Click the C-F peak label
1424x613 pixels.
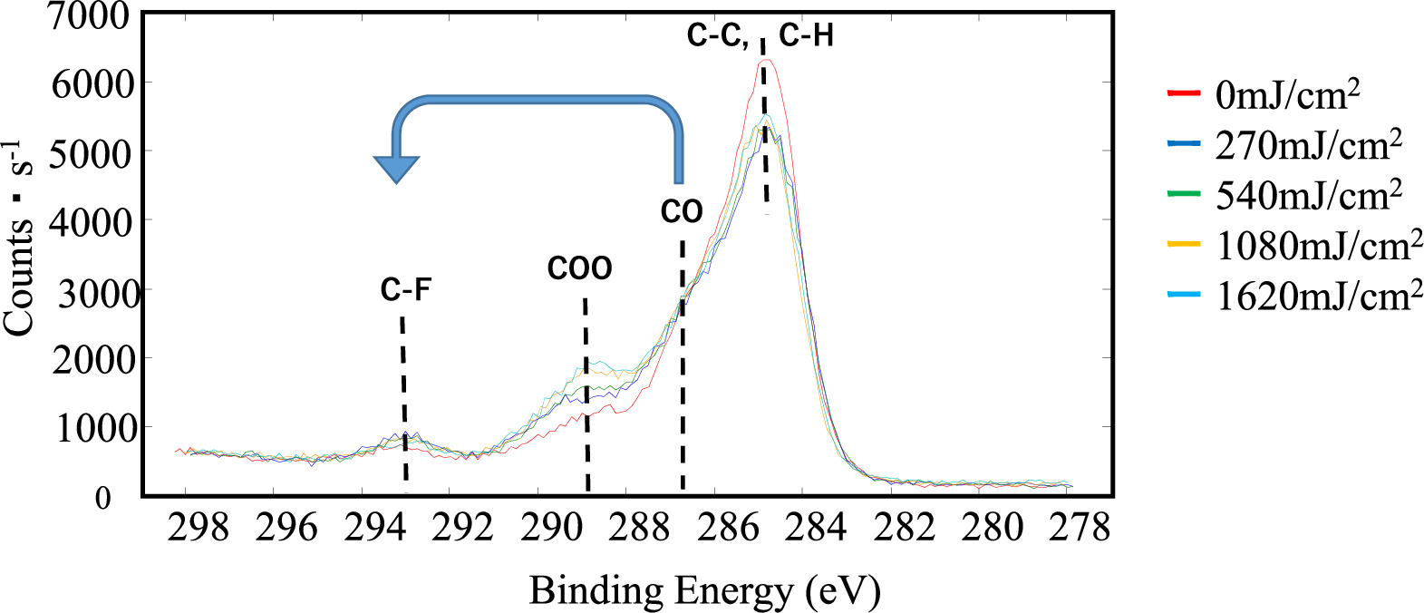click(x=405, y=290)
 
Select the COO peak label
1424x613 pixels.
click(x=579, y=268)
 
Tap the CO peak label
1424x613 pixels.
click(x=681, y=212)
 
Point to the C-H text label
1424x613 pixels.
click(x=806, y=36)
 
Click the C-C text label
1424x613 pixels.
click(x=717, y=36)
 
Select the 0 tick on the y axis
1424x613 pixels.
click(x=103, y=498)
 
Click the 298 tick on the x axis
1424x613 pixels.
click(x=199, y=528)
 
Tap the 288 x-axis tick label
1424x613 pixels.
click(x=639, y=528)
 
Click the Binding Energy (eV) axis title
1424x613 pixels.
click(x=704, y=590)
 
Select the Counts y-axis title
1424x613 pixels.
click(x=20, y=240)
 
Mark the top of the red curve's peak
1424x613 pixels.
click(x=767, y=60)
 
